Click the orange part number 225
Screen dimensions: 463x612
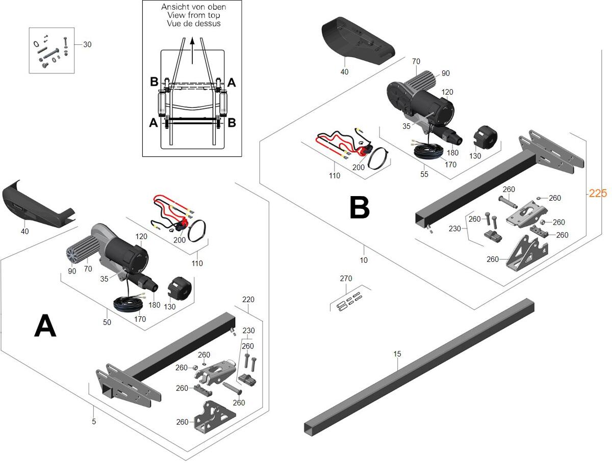pos(598,193)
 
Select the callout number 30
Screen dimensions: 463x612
pos(87,44)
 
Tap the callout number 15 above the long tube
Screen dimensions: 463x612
pos(398,353)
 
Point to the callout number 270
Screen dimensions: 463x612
pos(346,279)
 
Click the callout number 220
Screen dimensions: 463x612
pos(248,299)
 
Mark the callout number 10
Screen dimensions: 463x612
pos(363,260)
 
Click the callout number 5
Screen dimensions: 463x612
pos(94,421)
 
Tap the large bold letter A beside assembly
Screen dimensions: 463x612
pos(45,326)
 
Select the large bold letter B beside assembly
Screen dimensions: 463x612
pos(360,208)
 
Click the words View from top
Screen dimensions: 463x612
pos(193,15)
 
